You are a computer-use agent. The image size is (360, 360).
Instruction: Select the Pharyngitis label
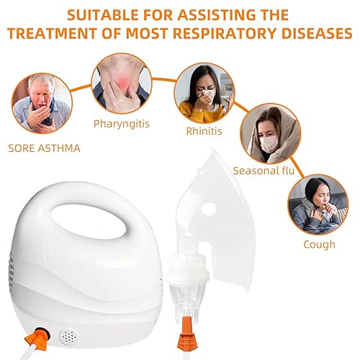121,123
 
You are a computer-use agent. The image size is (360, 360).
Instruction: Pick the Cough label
319,244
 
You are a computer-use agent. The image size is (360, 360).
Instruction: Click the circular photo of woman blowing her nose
201,94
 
